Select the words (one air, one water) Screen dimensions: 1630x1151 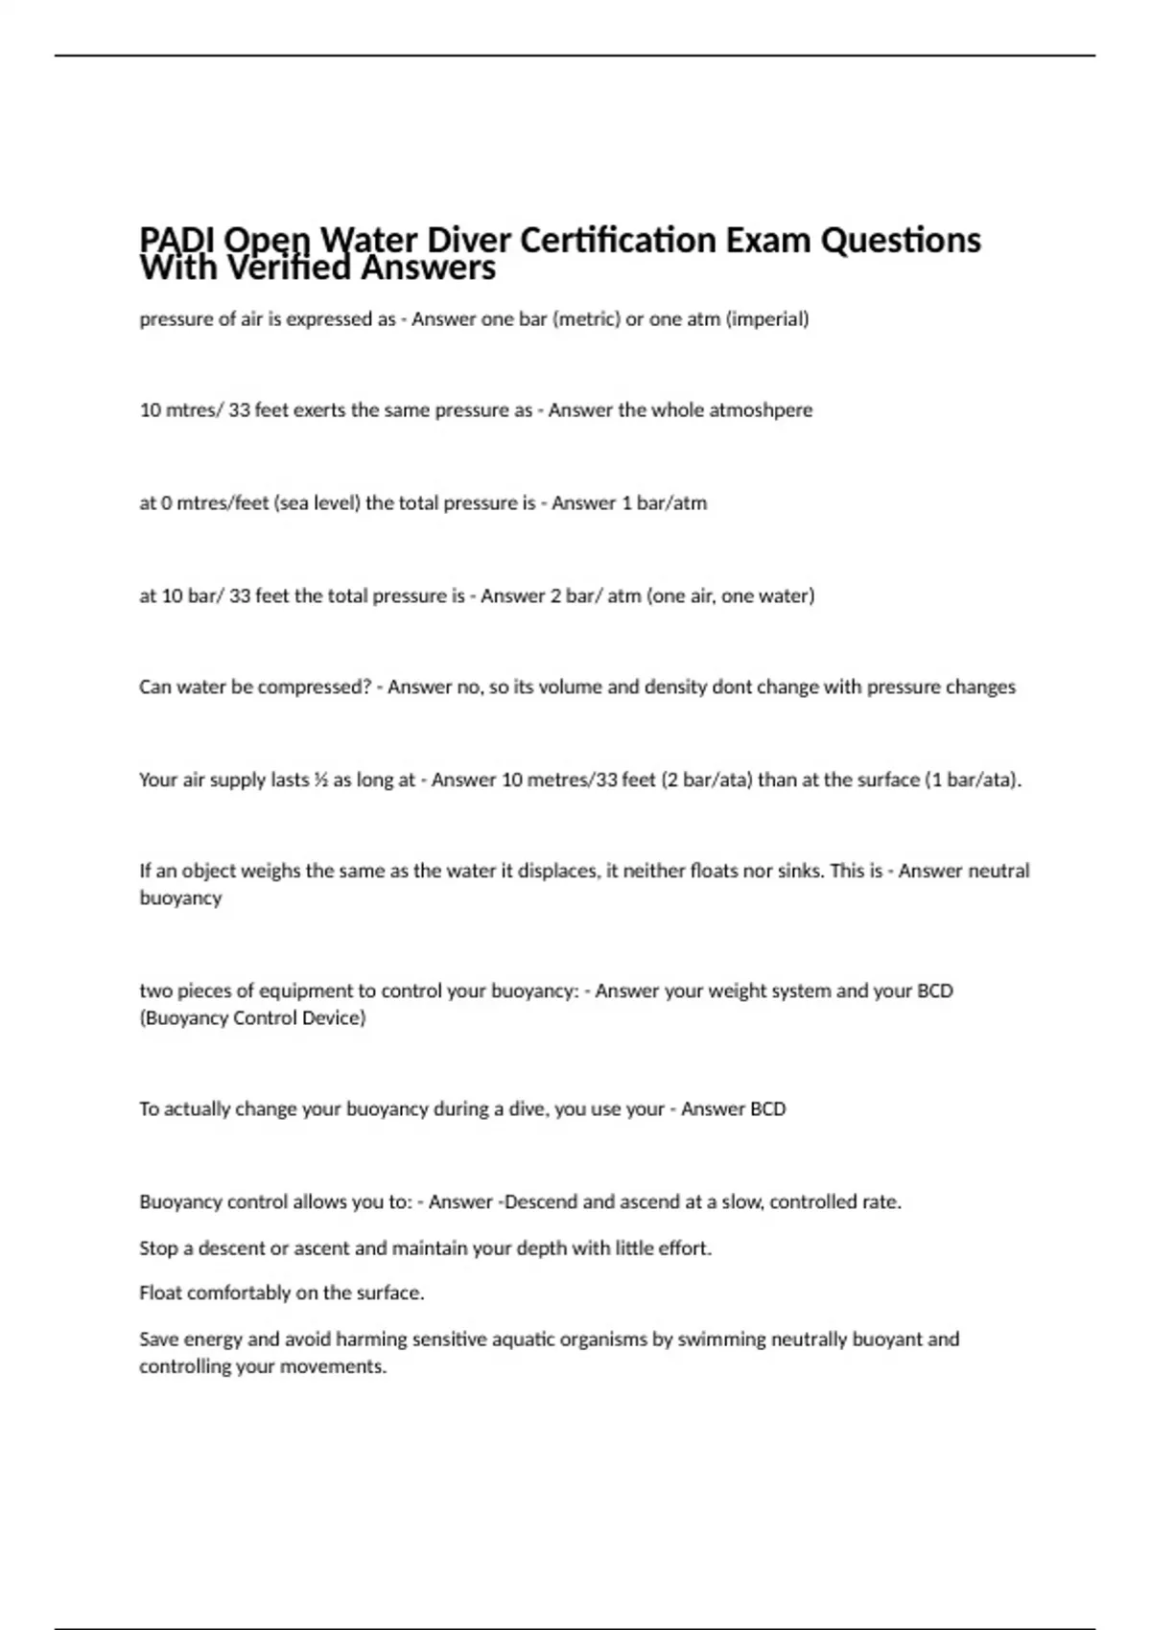pyautogui.click(x=731, y=595)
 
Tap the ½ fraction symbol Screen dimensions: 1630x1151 pyautogui.click(x=320, y=780)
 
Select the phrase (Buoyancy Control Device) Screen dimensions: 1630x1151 pyautogui.click(x=253, y=1017)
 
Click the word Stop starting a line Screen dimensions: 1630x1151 pyautogui.click(x=158, y=1248)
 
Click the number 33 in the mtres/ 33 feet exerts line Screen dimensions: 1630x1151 pyautogui.click(x=239, y=410)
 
